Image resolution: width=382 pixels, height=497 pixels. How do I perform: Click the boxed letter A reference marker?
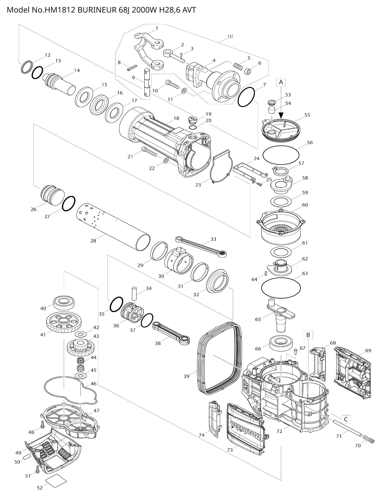pos(281,82)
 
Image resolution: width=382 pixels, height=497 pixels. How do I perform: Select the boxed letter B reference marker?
pos(308,335)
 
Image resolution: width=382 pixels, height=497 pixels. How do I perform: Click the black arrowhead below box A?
pos(281,116)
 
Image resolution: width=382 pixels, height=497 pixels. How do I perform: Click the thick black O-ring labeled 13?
pos(37,72)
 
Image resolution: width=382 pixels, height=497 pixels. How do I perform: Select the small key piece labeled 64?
pos(266,273)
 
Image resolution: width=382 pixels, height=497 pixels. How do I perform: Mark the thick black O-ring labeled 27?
pos(69,203)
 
